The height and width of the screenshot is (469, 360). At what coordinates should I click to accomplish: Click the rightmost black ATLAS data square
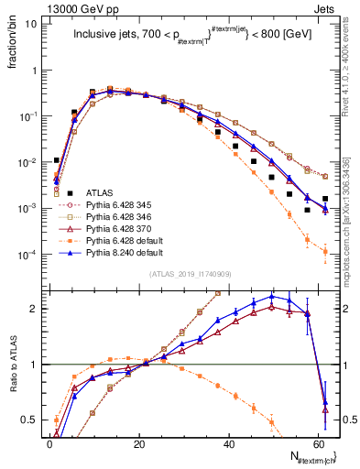(x=325, y=199)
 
